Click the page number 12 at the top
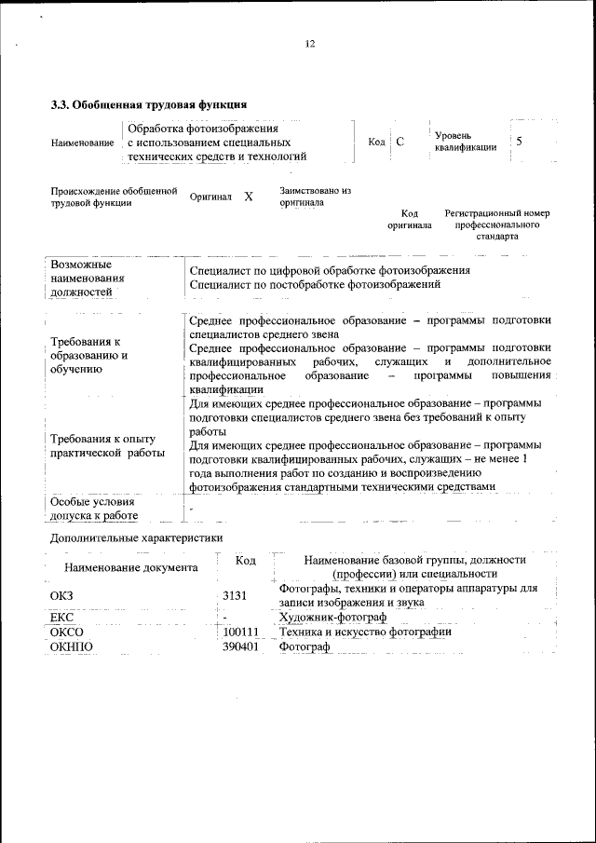coord(310,44)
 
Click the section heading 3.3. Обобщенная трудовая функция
coord(148,104)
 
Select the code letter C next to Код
coord(400,143)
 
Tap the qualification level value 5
coord(519,142)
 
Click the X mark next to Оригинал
coord(248,197)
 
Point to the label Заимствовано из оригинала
coord(315,196)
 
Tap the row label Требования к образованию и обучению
coord(89,356)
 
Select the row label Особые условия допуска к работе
coord(94,509)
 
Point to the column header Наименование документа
coord(130,566)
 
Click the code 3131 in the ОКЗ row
coord(237,594)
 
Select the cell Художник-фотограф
coord(332,618)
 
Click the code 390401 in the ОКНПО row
coord(240,647)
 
